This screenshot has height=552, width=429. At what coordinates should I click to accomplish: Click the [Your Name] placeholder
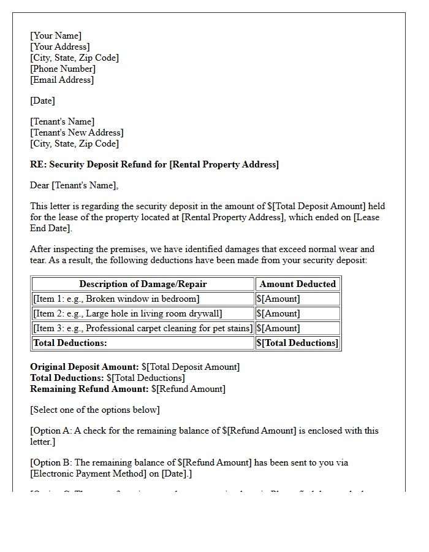(x=56, y=36)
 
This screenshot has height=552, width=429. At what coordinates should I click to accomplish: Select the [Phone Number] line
(x=63, y=69)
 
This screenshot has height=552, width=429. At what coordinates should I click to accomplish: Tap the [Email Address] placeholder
(x=62, y=80)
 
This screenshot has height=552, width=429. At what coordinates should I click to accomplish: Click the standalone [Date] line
(x=42, y=101)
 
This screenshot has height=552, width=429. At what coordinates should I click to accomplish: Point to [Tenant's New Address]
(x=77, y=132)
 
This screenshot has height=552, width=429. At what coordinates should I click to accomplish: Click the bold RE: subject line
(x=154, y=164)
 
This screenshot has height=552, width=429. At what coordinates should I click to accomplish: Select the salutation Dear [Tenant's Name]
(x=74, y=185)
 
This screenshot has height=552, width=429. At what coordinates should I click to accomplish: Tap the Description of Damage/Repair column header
(x=143, y=284)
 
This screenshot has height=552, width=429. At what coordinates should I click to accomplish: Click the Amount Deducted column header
(x=297, y=284)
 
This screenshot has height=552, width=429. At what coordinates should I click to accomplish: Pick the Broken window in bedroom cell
(x=116, y=299)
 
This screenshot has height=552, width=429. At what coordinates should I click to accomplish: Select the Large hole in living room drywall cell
(x=127, y=313)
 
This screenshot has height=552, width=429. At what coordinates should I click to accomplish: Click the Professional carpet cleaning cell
(x=142, y=328)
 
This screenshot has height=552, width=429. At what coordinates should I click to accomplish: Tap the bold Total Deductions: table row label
(x=70, y=343)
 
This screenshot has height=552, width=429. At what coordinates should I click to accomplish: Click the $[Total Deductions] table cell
(x=297, y=343)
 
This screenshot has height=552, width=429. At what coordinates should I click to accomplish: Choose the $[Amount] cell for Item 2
(x=278, y=313)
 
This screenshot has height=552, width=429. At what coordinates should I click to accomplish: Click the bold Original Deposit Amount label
(x=85, y=367)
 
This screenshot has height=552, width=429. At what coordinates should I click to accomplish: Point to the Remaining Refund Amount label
(x=89, y=389)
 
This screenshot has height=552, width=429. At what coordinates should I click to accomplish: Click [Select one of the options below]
(x=95, y=410)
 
